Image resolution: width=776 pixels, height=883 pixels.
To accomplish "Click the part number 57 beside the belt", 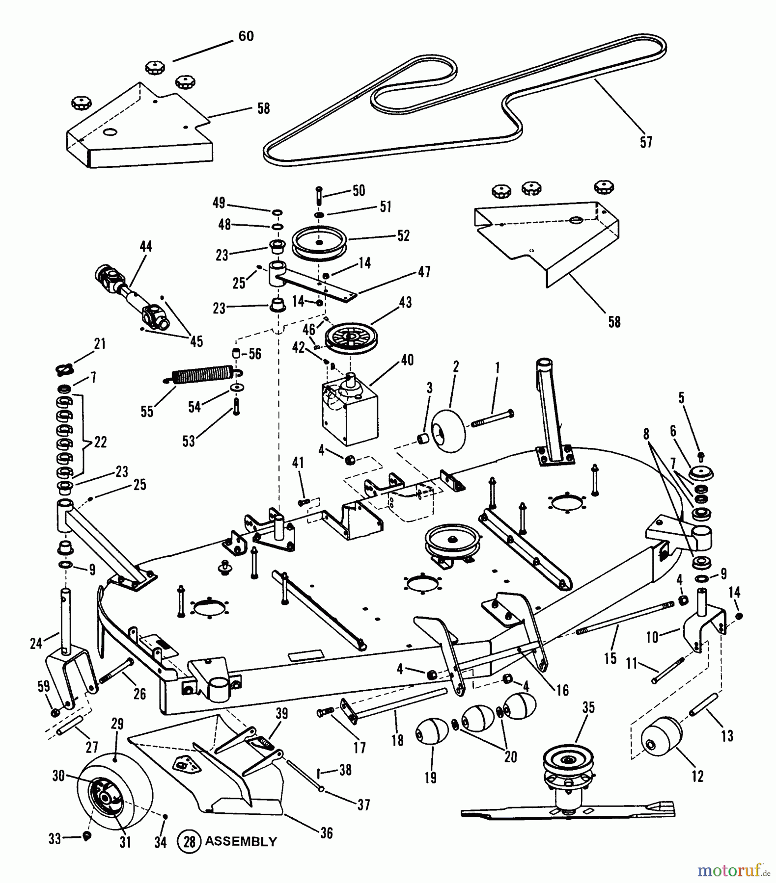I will (646, 142).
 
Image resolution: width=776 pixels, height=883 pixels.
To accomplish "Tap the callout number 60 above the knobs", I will (246, 36).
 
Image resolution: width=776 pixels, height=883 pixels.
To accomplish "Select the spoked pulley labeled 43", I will (349, 338).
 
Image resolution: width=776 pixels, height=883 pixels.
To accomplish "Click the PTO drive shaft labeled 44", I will (132, 297).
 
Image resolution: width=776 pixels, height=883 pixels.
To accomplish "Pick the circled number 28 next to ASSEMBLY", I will (189, 841).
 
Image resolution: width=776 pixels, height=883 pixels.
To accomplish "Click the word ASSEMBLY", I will (241, 841).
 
